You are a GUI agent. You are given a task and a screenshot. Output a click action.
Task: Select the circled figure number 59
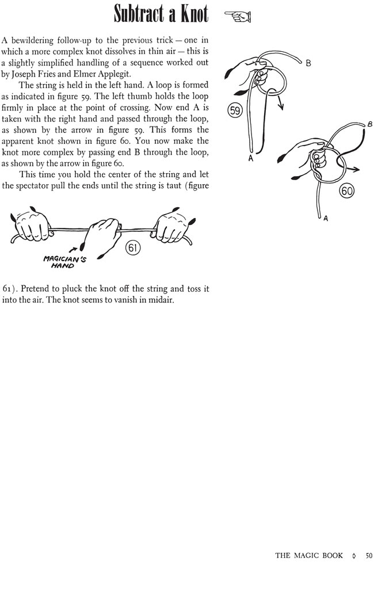coord(235,110)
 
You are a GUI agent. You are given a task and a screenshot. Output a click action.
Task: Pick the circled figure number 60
coord(347,191)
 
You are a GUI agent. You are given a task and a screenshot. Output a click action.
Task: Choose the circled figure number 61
coord(133,248)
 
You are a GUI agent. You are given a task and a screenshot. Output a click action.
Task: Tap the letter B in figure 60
coord(369,124)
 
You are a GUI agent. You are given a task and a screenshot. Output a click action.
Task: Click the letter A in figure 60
coord(326,219)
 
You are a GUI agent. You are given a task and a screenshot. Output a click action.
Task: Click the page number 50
coord(369,555)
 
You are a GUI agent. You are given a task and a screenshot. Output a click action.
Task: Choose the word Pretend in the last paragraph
coord(39,288)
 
